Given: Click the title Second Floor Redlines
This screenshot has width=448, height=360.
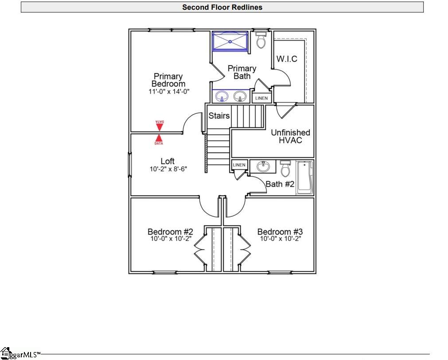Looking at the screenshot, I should click(x=222, y=7).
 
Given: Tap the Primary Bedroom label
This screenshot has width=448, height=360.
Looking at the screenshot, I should click(x=168, y=80).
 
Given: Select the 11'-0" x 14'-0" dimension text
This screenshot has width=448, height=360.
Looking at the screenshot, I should click(x=168, y=92).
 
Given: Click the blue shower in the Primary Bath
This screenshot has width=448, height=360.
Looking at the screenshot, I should click(x=230, y=41).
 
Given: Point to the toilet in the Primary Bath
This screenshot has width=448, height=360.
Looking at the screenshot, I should click(x=261, y=40).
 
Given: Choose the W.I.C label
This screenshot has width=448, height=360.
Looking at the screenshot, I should click(x=287, y=59).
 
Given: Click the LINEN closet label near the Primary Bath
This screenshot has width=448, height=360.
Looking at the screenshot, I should click(x=261, y=98).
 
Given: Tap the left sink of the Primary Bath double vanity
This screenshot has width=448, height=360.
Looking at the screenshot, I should click(x=222, y=96).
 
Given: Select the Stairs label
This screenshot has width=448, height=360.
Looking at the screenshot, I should click(x=219, y=116).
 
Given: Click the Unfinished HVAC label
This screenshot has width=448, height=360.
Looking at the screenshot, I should click(x=290, y=136).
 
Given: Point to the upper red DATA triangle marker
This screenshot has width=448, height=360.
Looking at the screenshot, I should click(x=160, y=126).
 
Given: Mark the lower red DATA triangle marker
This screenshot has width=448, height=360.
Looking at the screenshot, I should click(x=159, y=139).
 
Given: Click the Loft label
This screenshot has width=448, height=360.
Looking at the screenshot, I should click(x=168, y=161).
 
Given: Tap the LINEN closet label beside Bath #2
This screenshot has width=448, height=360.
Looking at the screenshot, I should click(x=239, y=165).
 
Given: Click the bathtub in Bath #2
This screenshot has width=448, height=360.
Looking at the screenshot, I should click(x=305, y=177).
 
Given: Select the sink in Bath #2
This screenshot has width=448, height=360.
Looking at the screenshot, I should click(x=263, y=166).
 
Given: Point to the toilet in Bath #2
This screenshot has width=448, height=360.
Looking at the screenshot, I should click(x=285, y=169).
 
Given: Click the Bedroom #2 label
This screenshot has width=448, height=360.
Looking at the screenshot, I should click(x=170, y=232).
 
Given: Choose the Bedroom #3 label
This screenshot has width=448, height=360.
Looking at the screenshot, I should click(x=280, y=232).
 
